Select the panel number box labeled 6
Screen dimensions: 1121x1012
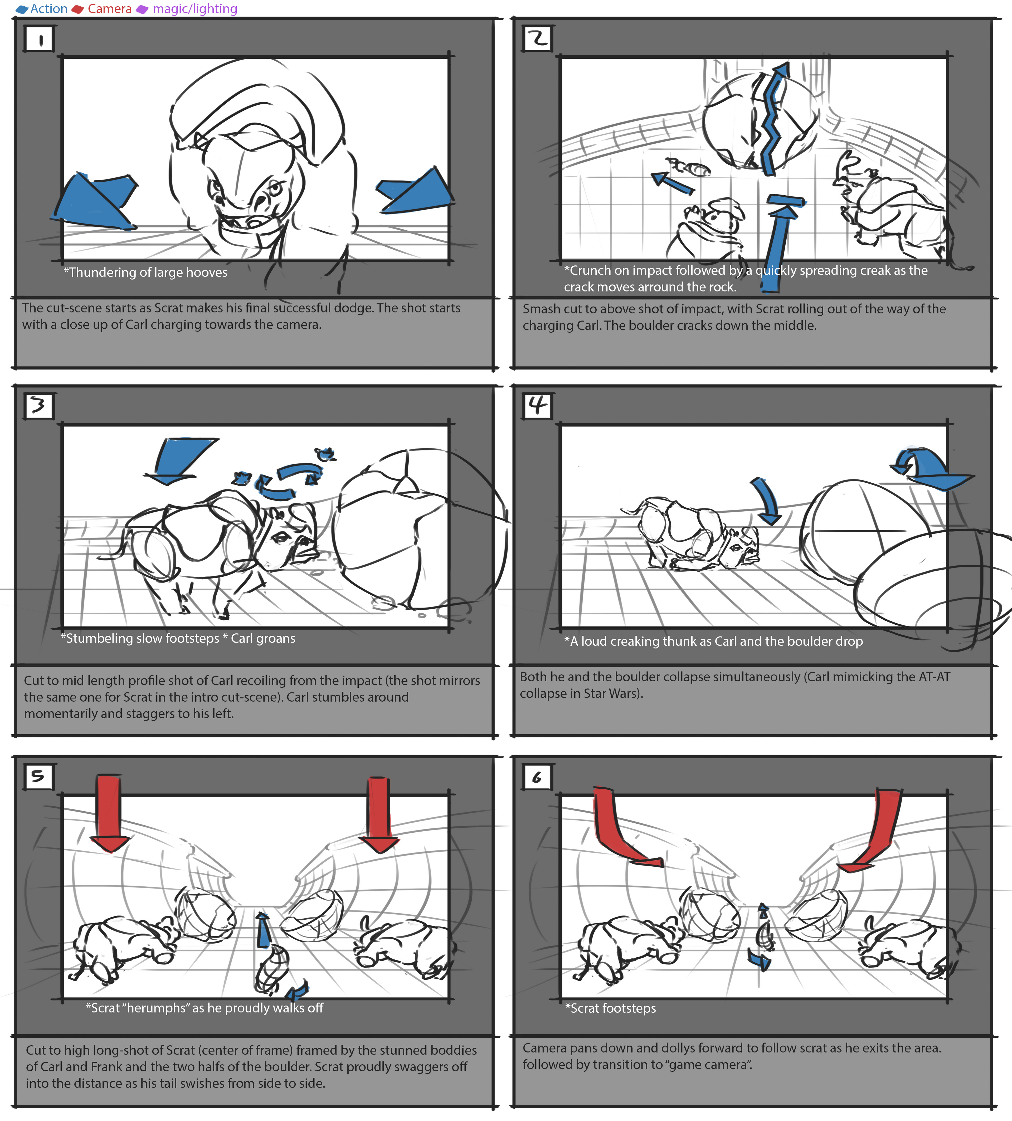point(537,777)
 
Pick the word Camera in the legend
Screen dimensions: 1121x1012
point(110,9)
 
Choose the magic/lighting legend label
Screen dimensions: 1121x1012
point(194,9)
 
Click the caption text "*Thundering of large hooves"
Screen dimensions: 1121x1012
point(146,273)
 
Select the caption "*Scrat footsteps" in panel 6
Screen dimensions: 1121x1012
point(611,1008)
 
